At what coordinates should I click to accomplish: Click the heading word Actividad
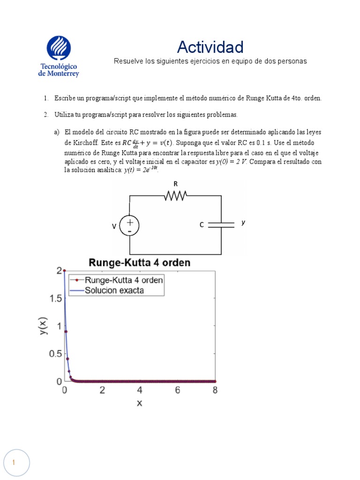click(x=210, y=47)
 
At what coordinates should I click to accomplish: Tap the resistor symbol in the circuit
click(x=176, y=196)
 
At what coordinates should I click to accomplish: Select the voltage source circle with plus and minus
click(x=129, y=225)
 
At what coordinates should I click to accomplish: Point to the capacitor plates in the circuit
click(x=221, y=225)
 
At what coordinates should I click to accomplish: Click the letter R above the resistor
click(x=176, y=184)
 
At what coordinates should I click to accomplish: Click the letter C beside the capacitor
click(x=202, y=225)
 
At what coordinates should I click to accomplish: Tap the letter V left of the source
click(x=114, y=226)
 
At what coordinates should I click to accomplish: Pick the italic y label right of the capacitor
click(x=243, y=223)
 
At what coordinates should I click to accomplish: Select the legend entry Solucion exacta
click(x=114, y=290)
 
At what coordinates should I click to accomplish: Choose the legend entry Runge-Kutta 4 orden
click(x=124, y=280)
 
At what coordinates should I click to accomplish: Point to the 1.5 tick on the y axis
click(x=55, y=298)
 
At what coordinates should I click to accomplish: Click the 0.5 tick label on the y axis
click(x=55, y=353)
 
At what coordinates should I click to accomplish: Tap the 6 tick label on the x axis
click(x=177, y=390)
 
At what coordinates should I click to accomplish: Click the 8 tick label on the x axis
click(x=215, y=390)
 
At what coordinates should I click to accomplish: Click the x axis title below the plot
click(x=139, y=403)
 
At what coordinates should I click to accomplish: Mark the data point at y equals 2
click(x=65, y=270)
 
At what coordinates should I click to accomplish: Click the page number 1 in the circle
click(x=14, y=463)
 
